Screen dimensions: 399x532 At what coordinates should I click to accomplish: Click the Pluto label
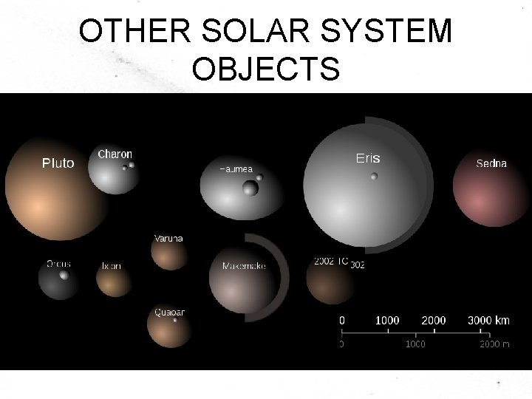tap(58, 163)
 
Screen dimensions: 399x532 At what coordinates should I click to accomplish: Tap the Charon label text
tap(115, 154)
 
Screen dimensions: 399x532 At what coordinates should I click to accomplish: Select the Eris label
tap(367, 158)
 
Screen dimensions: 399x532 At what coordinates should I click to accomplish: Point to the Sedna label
tap(491, 163)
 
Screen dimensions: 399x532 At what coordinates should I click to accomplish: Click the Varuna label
tap(168, 238)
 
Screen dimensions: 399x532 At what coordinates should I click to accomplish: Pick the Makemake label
tap(244, 265)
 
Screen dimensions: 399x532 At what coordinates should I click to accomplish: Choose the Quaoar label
tap(169, 312)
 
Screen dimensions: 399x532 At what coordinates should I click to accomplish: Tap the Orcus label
tap(59, 263)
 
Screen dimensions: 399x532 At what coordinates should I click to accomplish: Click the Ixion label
tap(112, 265)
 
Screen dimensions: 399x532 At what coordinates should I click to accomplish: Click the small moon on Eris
tap(374, 176)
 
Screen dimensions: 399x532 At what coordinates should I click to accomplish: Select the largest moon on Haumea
tap(250, 188)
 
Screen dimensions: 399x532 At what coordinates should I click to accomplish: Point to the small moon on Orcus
tap(64, 276)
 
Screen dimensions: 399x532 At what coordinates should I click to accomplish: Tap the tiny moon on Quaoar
tap(175, 320)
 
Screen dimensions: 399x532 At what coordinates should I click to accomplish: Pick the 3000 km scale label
tap(488, 320)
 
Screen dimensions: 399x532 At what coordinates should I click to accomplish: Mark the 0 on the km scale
tap(341, 320)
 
